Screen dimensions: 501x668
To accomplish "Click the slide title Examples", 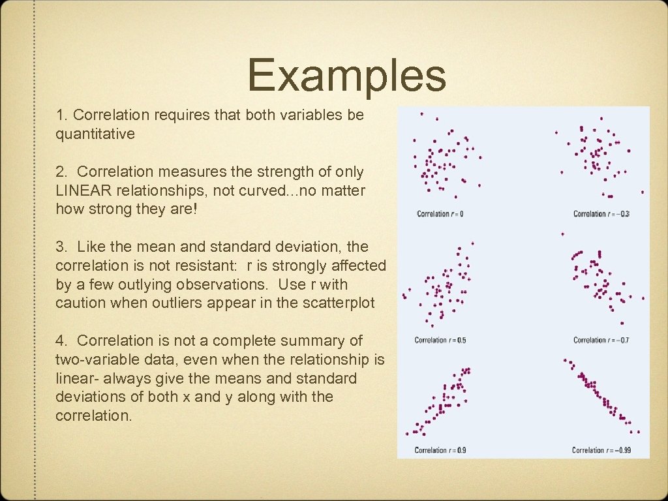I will (x=346, y=75).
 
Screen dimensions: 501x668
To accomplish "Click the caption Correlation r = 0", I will (x=440, y=214).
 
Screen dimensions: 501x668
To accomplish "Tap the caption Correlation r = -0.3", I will (x=601, y=214).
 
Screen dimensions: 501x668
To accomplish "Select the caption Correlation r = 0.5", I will (x=440, y=340).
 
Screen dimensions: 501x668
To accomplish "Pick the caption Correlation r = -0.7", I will (x=601, y=340).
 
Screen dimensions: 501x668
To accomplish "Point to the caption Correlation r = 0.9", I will (x=440, y=450).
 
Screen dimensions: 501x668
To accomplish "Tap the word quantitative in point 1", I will (x=95, y=134).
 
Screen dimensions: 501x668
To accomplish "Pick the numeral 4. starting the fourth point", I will (x=62, y=341).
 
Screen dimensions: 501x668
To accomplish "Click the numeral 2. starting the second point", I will (x=62, y=172).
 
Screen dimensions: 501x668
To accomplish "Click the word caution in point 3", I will (x=80, y=303).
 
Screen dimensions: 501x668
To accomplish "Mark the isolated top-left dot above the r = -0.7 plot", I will (x=562, y=234).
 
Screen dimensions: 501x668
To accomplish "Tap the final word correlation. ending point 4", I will (x=93, y=416).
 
